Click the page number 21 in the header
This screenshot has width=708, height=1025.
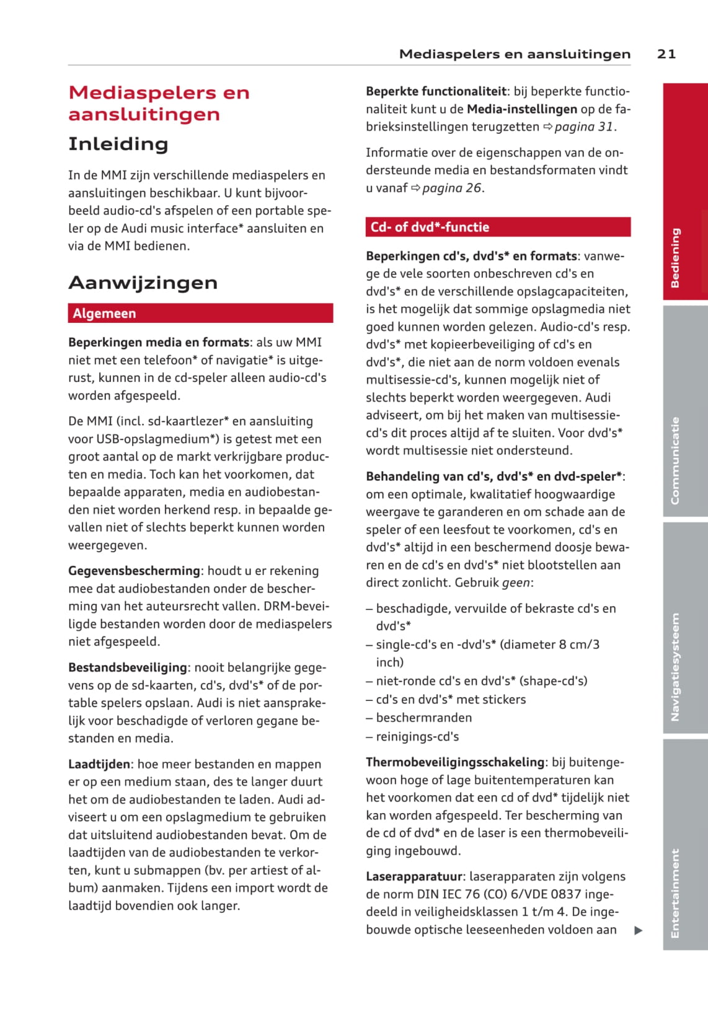coord(666,54)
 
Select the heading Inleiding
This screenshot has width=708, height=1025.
coord(118,144)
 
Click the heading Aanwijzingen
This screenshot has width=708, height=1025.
coord(143,283)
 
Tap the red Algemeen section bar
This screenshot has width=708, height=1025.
coord(200,313)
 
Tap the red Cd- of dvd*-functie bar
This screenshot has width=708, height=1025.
coord(498,227)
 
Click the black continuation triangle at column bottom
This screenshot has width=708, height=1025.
coord(639,930)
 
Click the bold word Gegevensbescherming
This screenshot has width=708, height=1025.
coord(134,571)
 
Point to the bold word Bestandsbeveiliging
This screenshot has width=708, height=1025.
coord(128,667)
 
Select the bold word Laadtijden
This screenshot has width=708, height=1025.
coord(99,764)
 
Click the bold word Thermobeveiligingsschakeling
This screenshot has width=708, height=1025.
coord(455,762)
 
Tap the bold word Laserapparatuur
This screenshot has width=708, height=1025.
coord(414,876)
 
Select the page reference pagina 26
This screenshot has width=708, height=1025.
coord(451,188)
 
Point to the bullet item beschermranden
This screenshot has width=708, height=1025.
coord(423,718)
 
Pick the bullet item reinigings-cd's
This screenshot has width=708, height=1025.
coord(417,736)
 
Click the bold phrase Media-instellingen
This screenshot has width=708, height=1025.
coord(522,109)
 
